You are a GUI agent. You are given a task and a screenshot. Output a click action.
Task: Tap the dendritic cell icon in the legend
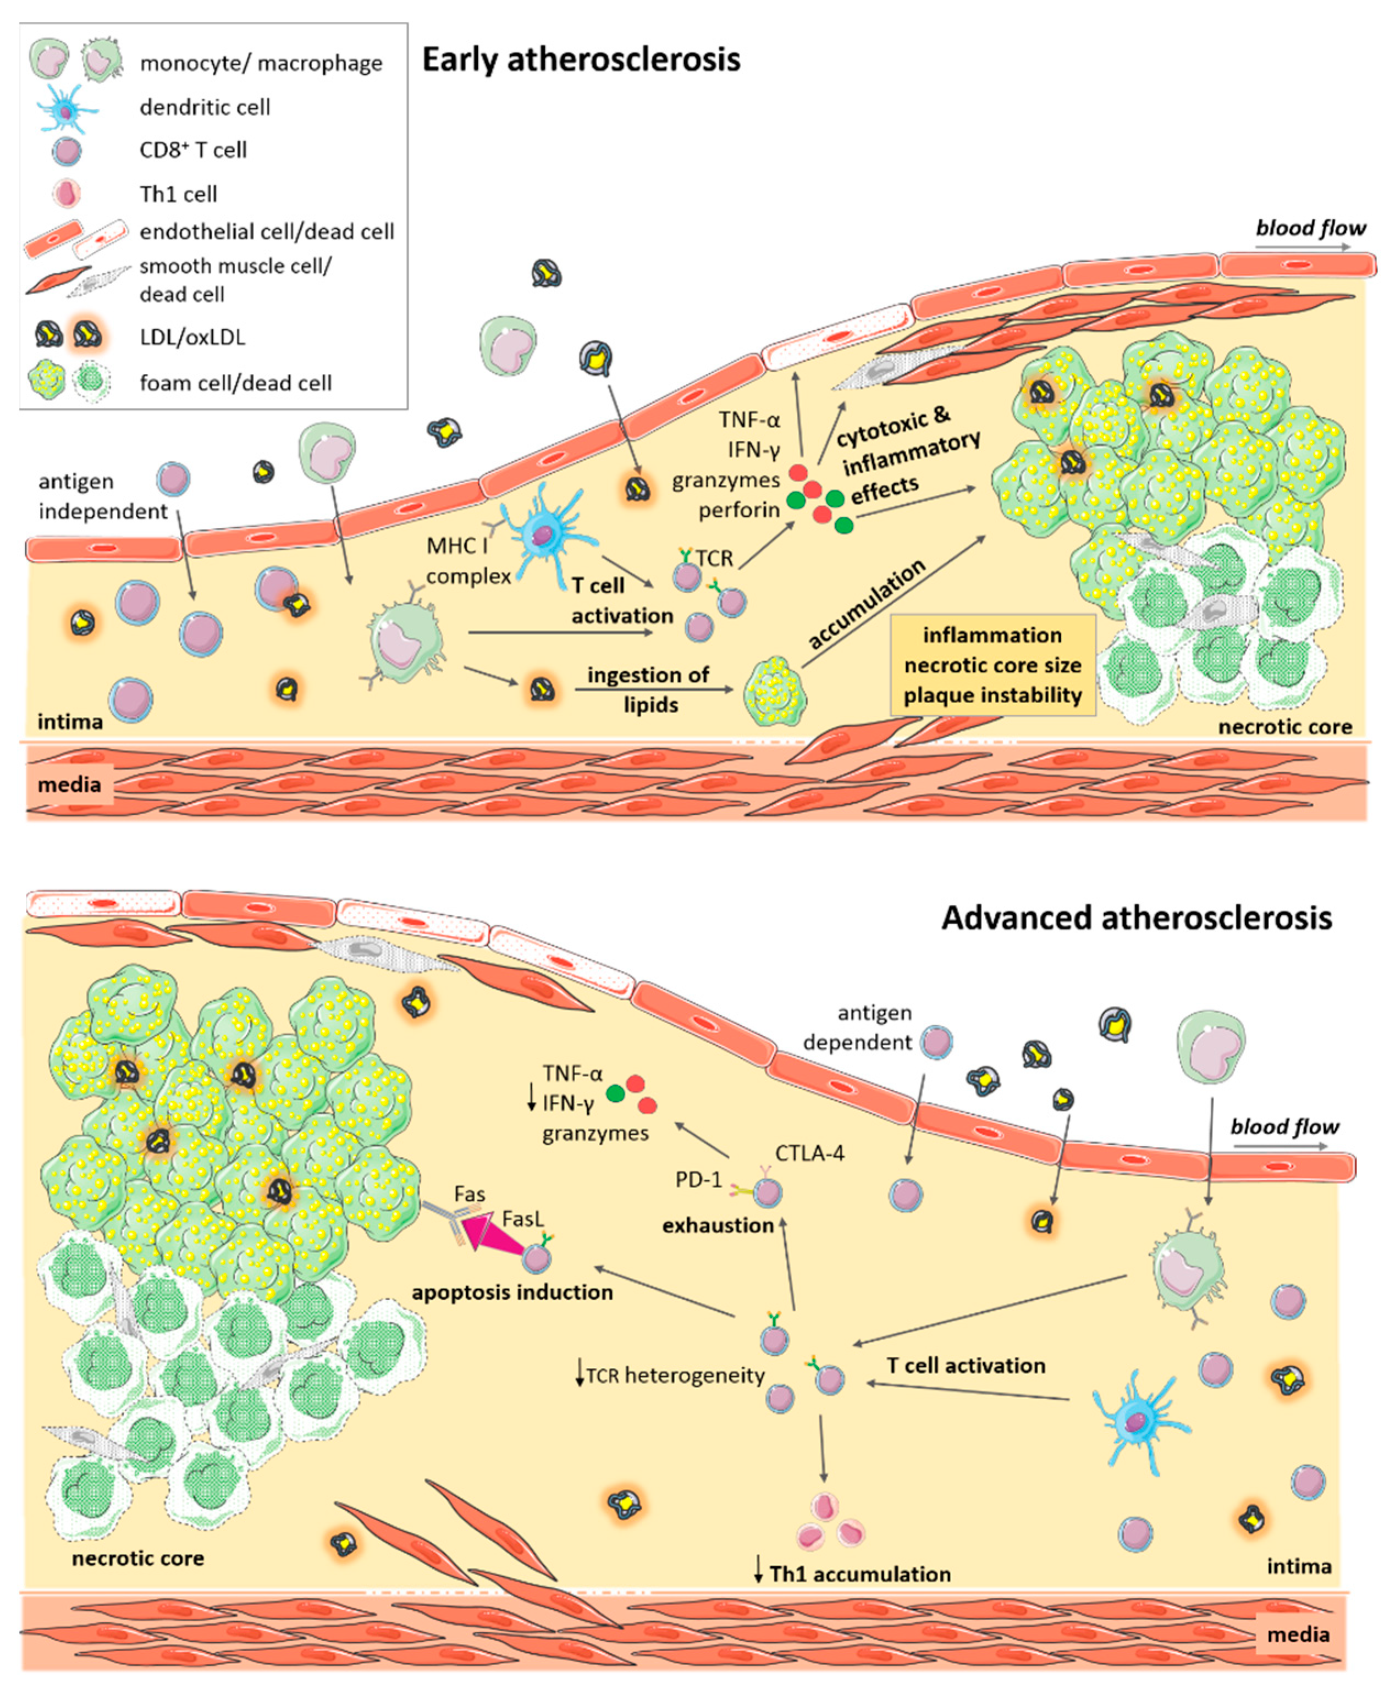click(66, 108)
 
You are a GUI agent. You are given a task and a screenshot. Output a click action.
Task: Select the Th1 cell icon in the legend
click(66, 194)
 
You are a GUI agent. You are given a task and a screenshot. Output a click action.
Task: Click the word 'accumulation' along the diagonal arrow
click(866, 604)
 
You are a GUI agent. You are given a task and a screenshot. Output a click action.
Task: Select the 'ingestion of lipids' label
click(648, 689)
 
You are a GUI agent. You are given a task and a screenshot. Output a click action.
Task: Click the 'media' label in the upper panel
click(69, 784)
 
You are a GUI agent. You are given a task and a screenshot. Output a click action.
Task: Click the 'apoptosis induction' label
click(512, 1293)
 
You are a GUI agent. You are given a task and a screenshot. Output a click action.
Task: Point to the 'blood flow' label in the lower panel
click(1283, 1127)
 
